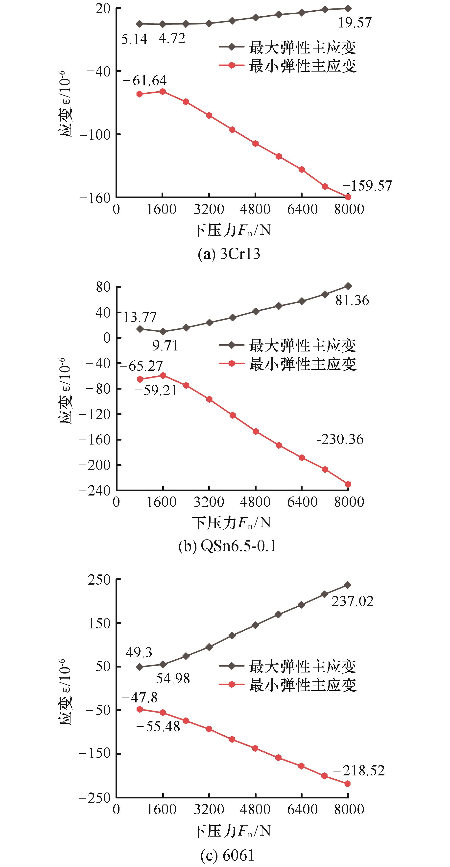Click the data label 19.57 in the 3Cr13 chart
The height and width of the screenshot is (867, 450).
point(355,23)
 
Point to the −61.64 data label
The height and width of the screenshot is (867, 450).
point(145,81)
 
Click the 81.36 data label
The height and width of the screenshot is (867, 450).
point(352,300)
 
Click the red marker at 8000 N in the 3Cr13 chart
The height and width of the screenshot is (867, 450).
point(348,197)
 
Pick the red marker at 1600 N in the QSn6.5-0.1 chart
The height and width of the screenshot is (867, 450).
point(163,375)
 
